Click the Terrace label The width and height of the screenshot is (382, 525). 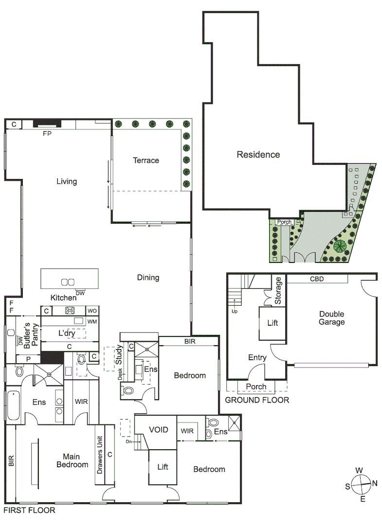click(x=146, y=160)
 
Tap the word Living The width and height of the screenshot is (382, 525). click(x=67, y=182)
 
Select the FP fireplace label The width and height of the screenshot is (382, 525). click(x=48, y=133)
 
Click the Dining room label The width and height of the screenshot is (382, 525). click(x=148, y=278)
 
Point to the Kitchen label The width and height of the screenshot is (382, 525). click(x=63, y=297)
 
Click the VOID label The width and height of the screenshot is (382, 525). click(x=159, y=430)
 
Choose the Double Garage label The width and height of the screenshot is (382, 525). click(x=332, y=318)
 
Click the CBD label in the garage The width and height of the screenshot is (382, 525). click(x=317, y=280)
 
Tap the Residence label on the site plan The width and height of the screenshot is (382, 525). click(x=258, y=155)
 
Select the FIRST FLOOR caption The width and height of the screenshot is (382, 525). click(x=29, y=510)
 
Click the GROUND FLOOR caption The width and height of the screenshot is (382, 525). click(x=257, y=400)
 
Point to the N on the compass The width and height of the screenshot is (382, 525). click(x=375, y=484)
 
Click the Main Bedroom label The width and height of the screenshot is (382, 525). click(x=75, y=460)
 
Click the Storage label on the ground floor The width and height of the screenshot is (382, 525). click(x=279, y=291)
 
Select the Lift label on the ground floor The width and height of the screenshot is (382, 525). click(x=273, y=322)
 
